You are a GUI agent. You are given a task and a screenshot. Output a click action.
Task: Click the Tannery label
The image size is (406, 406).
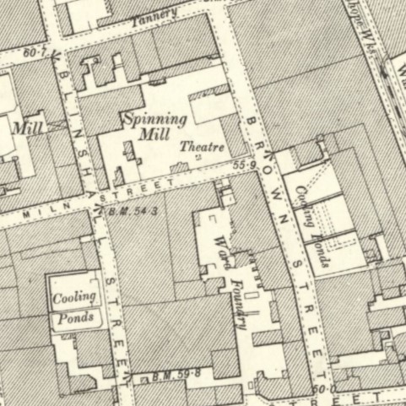tap(156, 14)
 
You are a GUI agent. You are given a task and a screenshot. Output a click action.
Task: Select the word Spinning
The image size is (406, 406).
tap(154, 120)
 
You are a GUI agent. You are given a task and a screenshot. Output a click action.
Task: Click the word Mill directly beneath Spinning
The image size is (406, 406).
tap(155, 135)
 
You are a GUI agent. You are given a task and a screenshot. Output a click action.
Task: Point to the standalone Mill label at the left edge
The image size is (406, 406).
tap(28, 128)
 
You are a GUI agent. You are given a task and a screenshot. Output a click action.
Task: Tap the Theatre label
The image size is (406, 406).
tap(203, 147)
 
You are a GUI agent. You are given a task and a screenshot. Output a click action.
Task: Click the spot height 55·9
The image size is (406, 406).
tap(243, 165)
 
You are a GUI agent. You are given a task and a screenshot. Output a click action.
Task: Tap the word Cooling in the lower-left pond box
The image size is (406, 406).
tap(74, 298)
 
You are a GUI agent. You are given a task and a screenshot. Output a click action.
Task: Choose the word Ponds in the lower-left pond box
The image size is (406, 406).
tap(75, 319)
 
